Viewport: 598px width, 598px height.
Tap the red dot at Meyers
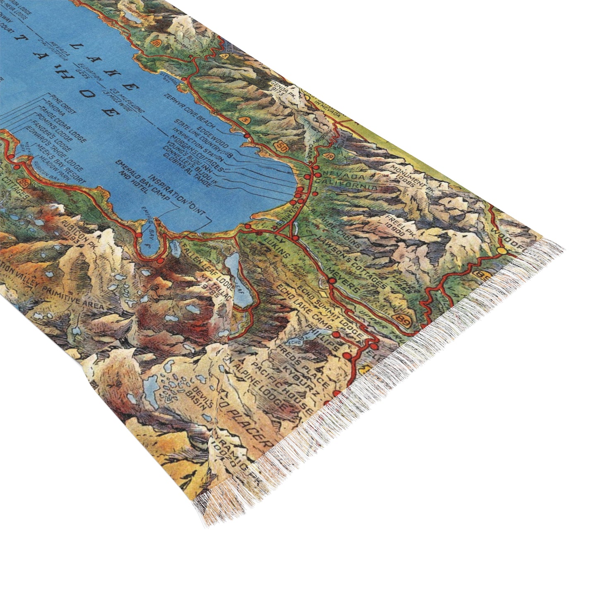pyautogui.click(x=331, y=280)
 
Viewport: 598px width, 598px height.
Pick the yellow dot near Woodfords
pyautogui.click(x=502, y=250)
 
